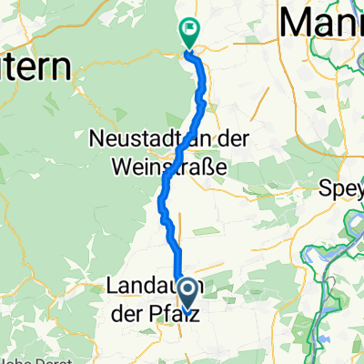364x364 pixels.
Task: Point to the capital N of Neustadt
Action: click(97, 141)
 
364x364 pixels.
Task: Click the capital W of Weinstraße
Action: click(104, 167)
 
